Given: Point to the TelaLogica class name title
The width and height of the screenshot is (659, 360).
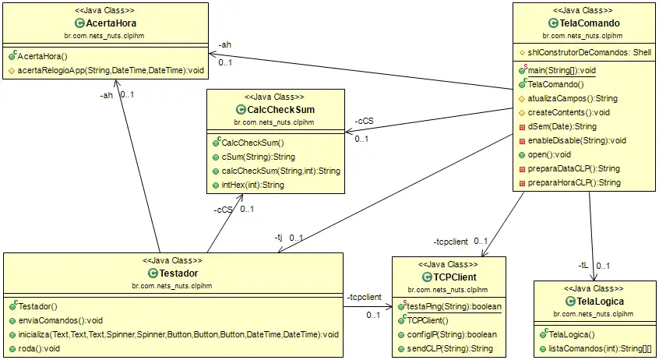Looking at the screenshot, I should point(595,301).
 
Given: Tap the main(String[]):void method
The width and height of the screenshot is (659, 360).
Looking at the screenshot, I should point(562,70).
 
